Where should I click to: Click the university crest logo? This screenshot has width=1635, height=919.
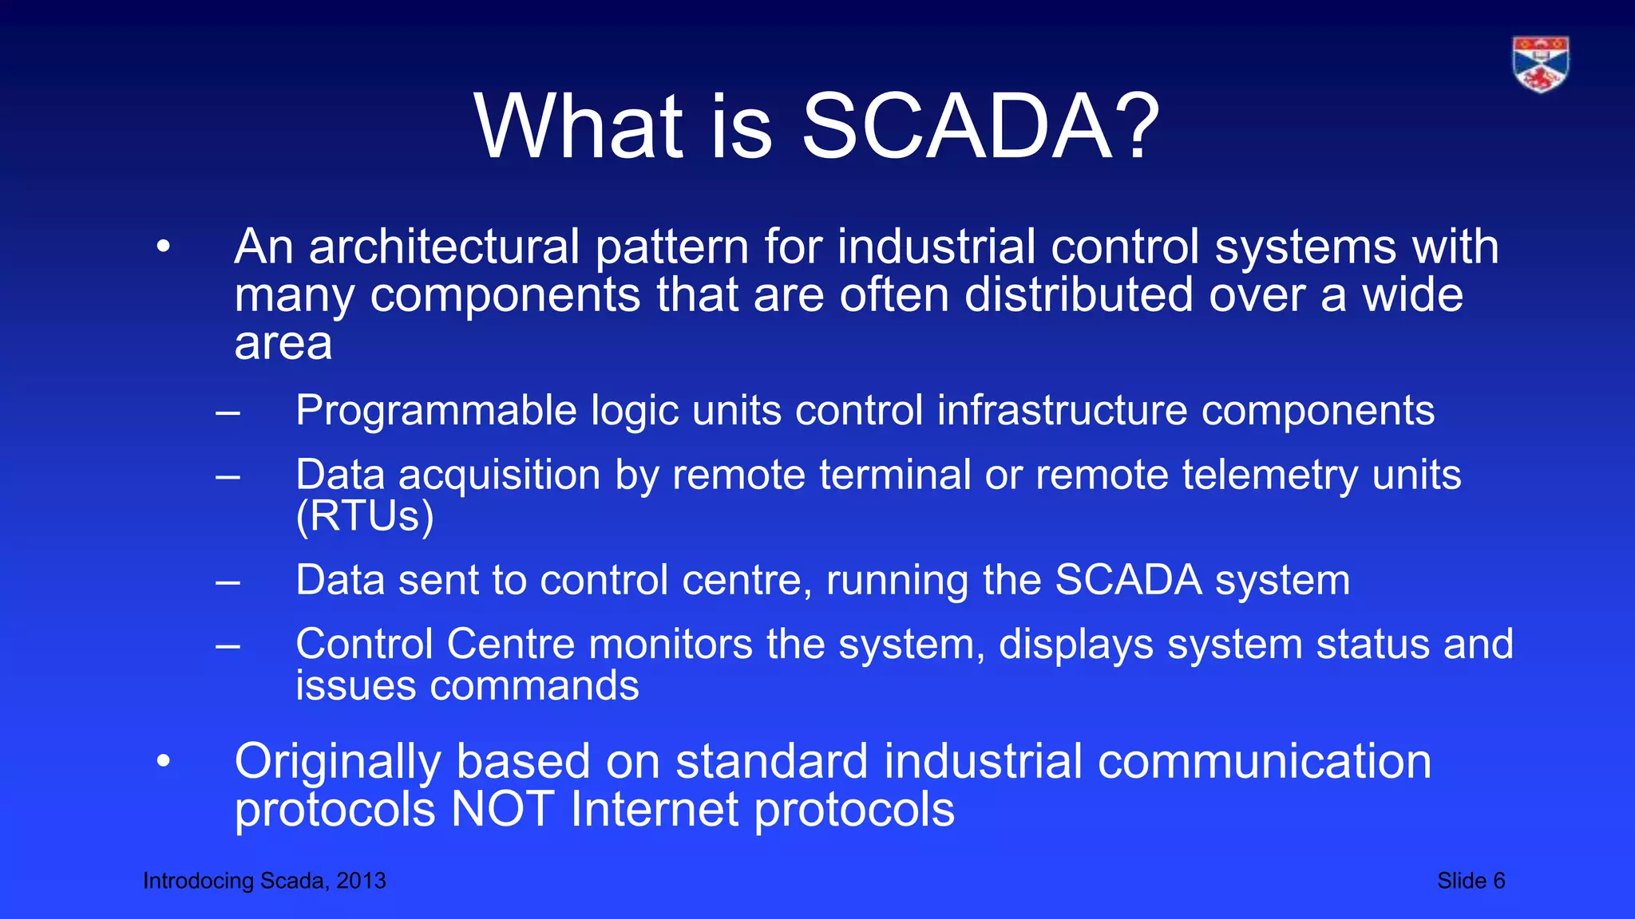1541,64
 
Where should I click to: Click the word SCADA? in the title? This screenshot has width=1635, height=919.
980,126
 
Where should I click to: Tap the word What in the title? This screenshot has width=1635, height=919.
579,126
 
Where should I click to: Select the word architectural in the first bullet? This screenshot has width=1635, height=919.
444,247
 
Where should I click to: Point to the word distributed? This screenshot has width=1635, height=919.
1079,294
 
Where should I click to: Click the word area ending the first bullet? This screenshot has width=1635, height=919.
283,344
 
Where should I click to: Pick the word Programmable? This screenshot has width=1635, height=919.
436,411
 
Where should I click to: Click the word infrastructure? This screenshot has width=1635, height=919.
1062,410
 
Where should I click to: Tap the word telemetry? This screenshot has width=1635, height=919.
1269,475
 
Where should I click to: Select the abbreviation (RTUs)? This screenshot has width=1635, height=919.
365,516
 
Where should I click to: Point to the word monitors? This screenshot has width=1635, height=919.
671,644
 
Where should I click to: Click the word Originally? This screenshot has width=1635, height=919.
337,762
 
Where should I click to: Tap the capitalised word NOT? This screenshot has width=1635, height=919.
502,810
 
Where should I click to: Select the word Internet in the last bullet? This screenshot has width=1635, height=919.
655,810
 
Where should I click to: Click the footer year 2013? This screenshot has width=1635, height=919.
361,881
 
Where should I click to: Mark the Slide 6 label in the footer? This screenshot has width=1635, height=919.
1471,881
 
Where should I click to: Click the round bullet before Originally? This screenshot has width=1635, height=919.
164,761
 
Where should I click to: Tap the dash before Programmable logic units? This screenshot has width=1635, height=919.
228,412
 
